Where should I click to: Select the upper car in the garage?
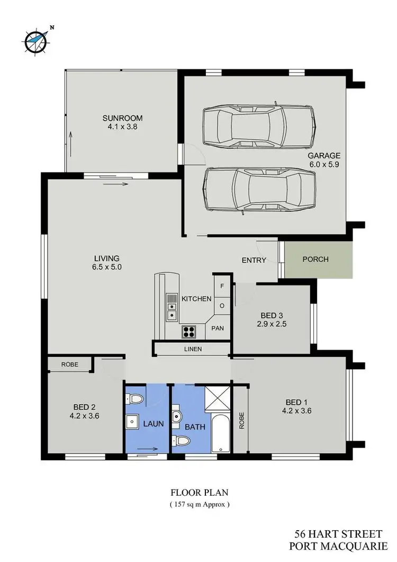click(260, 126)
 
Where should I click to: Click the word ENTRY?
click(254, 260)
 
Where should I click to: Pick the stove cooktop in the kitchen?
click(190, 332)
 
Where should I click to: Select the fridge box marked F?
click(222, 287)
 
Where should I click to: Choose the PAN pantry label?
click(218, 328)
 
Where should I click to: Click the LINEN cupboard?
click(193, 349)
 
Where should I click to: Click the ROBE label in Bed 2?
click(69, 364)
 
